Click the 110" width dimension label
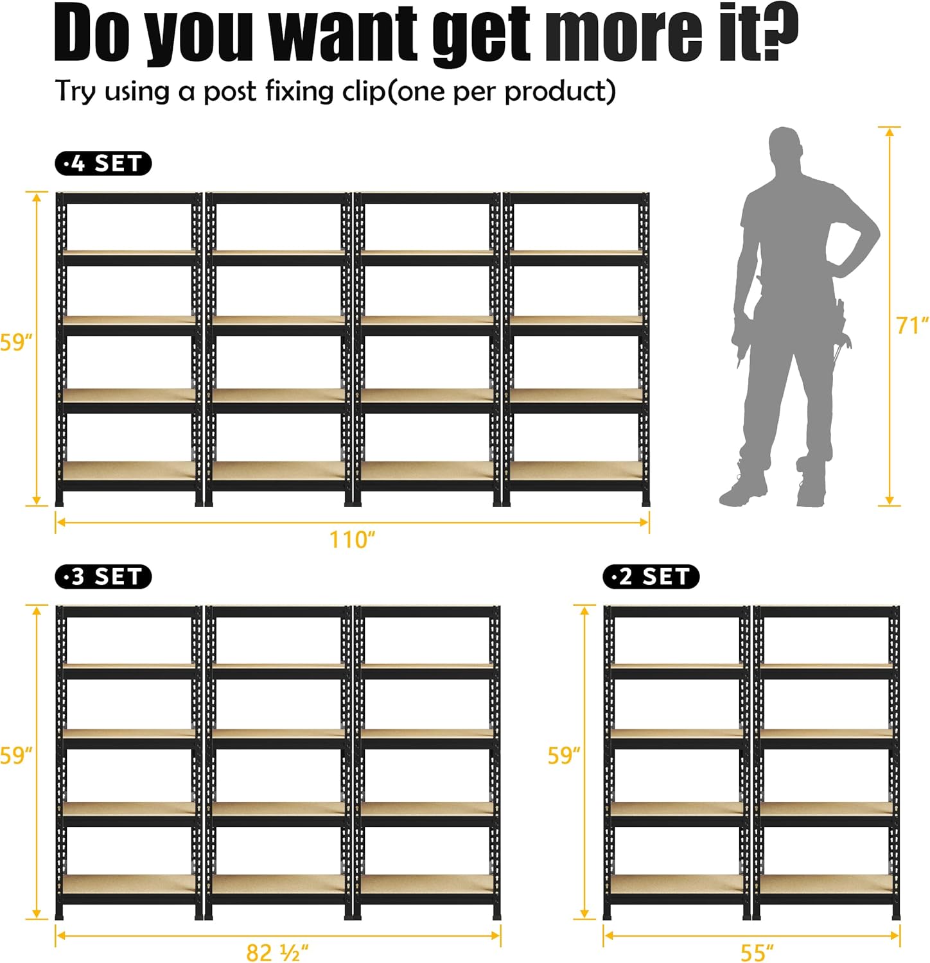(352, 539)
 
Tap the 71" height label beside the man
(912, 325)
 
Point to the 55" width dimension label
(757, 952)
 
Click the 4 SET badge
(103, 164)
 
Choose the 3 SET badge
(103, 577)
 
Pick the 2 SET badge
(651, 577)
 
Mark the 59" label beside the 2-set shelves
(564, 755)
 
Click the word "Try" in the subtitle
(76, 91)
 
